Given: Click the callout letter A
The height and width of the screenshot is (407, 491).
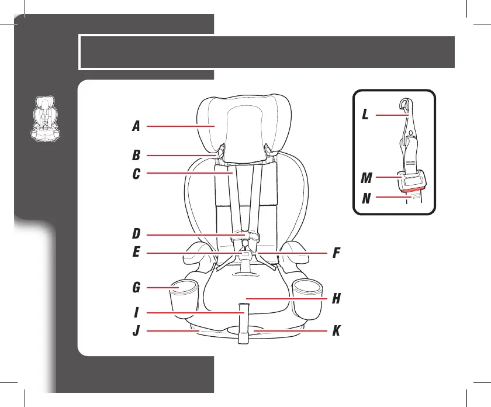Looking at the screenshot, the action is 136,126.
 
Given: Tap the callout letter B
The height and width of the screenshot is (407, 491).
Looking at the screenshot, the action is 136,156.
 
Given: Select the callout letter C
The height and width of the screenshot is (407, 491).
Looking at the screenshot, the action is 136,174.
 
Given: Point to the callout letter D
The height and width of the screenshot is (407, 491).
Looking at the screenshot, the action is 136,234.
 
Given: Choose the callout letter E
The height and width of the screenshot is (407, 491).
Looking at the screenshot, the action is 136,253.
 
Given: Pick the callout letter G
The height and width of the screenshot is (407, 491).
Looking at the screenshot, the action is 136,288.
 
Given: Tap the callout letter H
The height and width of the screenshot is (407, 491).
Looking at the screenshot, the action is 336,299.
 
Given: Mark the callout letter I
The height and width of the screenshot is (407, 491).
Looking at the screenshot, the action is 135,313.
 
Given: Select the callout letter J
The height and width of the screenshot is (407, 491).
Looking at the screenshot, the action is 136,332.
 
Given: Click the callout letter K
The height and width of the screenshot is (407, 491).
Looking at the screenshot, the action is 336,332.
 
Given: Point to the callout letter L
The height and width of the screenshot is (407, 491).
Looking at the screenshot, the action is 365,115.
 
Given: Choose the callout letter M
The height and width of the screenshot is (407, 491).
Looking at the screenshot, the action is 365,177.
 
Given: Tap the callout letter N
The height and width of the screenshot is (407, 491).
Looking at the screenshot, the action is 365,198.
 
